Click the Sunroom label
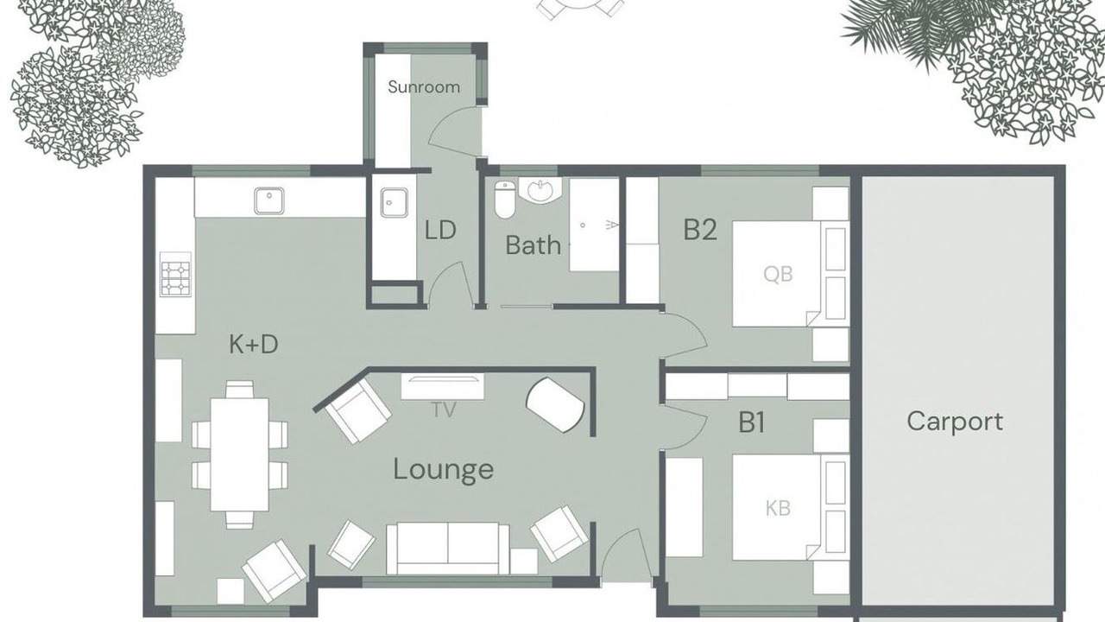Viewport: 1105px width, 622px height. coord(424,87)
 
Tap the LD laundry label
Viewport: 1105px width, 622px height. coord(440,230)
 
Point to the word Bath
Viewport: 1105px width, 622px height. coord(534,245)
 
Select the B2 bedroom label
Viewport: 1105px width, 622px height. coord(700,230)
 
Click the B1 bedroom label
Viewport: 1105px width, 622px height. coord(751,423)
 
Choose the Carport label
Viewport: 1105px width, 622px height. coord(955,422)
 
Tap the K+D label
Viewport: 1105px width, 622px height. coord(254,344)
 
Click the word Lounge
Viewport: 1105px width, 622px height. coord(444,469)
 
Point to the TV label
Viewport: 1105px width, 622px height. coord(444,409)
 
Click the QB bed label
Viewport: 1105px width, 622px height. coord(778,274)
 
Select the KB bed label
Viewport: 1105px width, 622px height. coord(778,508)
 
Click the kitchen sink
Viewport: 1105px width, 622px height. coord(269,201)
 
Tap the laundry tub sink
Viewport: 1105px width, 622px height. coord(395,202)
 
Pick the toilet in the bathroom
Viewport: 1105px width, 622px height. coord(505,200)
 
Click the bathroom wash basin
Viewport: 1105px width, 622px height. coord(540,190)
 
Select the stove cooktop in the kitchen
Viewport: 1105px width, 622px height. coord(175,279)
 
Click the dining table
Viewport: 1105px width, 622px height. coord(240,454)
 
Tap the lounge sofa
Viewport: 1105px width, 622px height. coord(448,549)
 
